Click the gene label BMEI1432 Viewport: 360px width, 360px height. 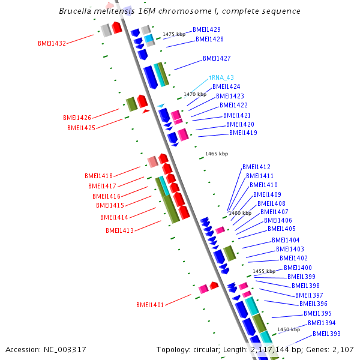[x=52, y=43]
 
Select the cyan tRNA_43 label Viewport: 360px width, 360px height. [x=221, y=77]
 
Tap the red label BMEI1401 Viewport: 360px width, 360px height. [x=150, y=305]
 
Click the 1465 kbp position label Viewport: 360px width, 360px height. [x=217, y=154]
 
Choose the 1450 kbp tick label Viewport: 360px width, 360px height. [x=289, y=329]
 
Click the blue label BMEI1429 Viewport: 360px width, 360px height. [x=206, y=29]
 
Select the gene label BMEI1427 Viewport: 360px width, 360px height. [x=217, y=58]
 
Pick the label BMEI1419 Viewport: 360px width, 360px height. [x=243, y=133]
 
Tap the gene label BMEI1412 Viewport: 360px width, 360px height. [x=256, y=167]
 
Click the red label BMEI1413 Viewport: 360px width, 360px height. [x=119, y=230]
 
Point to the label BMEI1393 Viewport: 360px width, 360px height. [x=326, y=334]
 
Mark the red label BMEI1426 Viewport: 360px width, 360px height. [x=77, y=118]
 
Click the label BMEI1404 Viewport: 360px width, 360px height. [x=286, y=240]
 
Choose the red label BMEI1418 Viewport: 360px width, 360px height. [x=98, y=176]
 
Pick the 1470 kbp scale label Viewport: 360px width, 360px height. [x=195, y=94]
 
